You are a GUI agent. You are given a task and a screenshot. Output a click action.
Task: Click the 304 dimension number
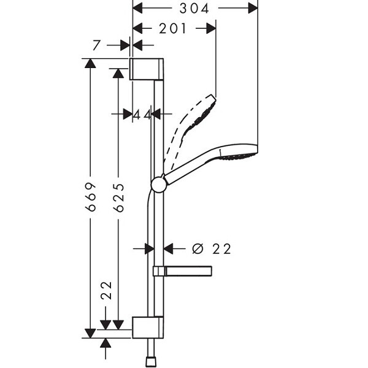195,8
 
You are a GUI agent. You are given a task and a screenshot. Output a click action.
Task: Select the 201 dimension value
173,28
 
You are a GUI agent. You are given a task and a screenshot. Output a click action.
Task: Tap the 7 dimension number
96,45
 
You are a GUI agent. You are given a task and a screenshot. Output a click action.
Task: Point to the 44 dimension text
142,114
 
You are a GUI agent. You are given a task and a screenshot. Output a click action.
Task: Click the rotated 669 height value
91,197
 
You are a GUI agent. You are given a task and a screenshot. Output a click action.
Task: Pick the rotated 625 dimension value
118,197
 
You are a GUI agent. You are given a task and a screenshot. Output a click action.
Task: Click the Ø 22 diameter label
212,248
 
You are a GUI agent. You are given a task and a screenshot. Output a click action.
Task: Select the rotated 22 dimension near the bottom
105,289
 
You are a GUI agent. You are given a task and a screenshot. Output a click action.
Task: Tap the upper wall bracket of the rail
147,69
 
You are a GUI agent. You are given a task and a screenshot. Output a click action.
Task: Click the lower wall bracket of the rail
147,327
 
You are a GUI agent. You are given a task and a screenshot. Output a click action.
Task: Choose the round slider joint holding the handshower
159,184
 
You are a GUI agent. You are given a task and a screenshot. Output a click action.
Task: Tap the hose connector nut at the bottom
150,359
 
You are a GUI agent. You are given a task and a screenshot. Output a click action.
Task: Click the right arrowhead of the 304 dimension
252,8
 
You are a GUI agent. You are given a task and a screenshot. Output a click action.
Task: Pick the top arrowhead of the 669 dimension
91,63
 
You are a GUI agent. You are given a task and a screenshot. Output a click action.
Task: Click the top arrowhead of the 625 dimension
118,72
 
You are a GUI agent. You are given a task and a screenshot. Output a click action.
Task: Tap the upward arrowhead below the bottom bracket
105,343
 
